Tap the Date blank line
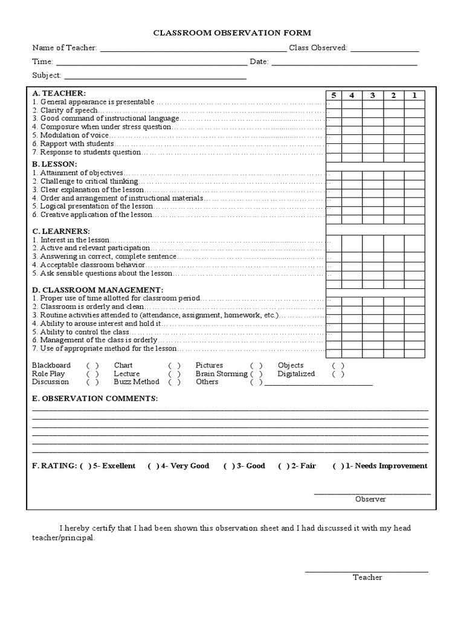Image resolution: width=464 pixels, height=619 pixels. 344,62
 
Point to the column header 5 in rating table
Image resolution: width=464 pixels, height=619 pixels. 333,95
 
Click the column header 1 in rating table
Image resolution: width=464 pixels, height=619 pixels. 414,95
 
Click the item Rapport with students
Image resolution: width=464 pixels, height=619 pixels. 73,144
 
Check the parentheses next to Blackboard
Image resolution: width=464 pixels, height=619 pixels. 92,366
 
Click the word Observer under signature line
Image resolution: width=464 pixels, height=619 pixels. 370,499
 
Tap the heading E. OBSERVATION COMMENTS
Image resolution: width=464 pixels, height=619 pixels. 95,398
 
